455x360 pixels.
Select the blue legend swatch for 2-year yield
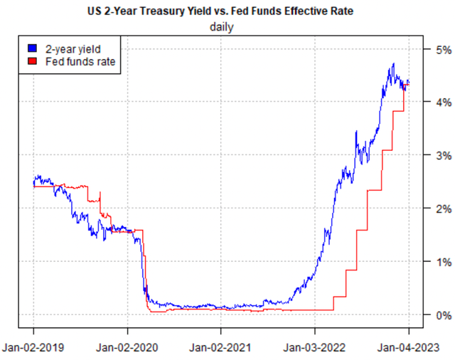31,48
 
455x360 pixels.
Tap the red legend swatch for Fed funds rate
31,62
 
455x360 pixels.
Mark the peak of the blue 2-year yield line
392,64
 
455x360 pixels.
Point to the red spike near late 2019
100,192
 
